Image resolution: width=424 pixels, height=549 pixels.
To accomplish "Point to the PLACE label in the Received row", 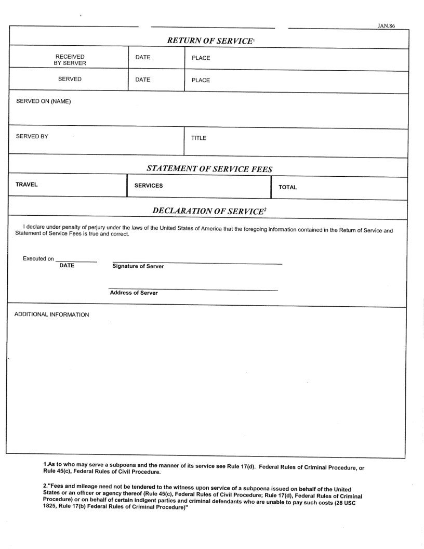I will pyautogui.click(x=201, y=58).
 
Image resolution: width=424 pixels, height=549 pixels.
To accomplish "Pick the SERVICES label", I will pyautogui.click(x=149, y=186).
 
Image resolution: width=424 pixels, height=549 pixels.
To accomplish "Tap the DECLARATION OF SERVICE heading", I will pyautogui.click(x=209, y=210).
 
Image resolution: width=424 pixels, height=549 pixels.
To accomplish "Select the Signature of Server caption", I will pyautogui.click(x=138, y=267).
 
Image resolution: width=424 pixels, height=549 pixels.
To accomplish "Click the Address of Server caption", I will pyautogui.click(x=134, y=293).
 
